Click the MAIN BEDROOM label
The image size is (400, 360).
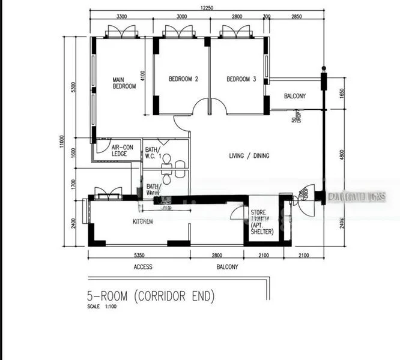pyautogui.click(x=125, y=82)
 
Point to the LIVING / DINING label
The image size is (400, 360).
pyautogui.click(x=249, y=156)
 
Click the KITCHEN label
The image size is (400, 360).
pyautogui.click(x=143, y=221)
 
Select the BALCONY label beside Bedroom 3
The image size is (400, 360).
pyautogui.click(x=295, y=96)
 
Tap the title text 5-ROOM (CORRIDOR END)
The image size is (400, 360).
pyautogui.click(x=151, y=296)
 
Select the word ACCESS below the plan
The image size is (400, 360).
pyautogui.click(x=143, y=267)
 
